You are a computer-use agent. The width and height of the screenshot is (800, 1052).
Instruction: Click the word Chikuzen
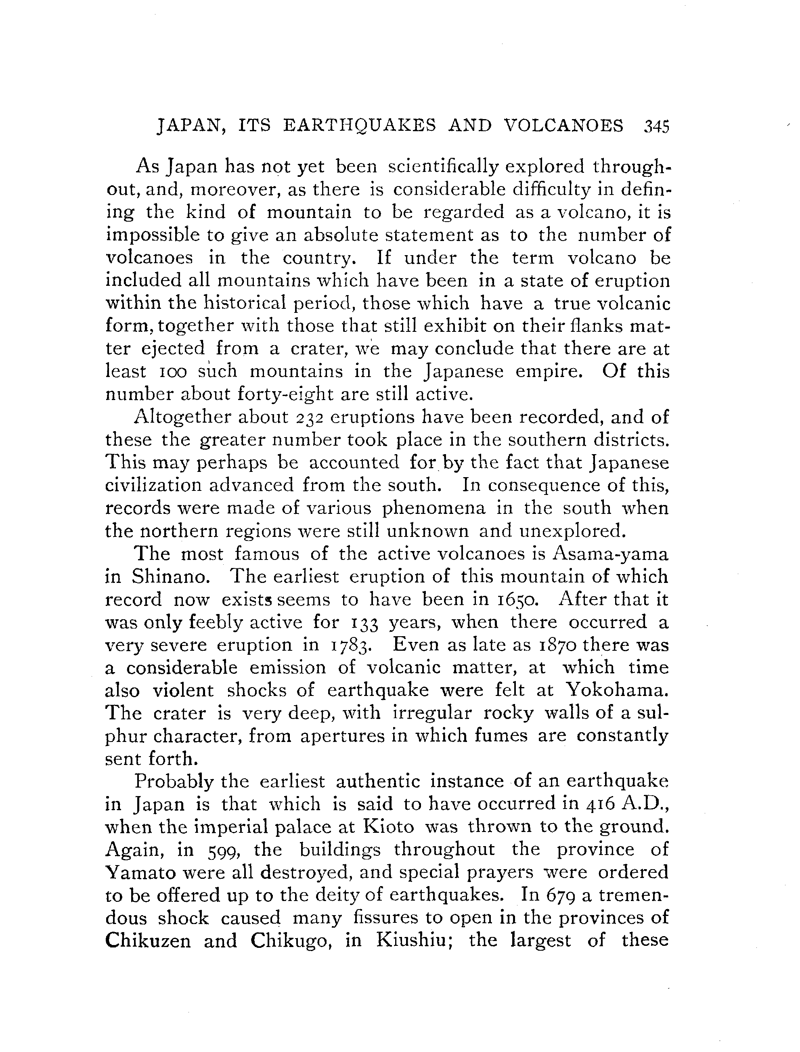point(148,941)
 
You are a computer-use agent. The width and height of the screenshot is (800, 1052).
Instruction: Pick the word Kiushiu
point(417,941)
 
